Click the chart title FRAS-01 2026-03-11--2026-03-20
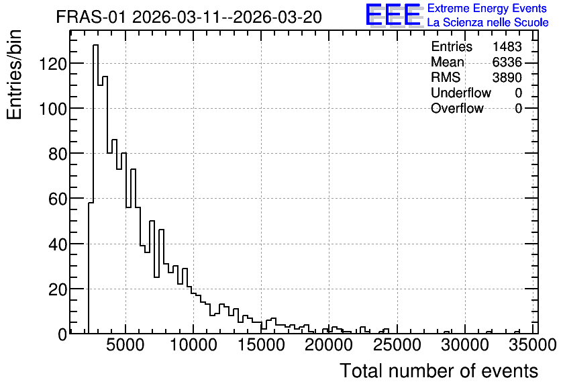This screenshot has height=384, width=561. [189, 17]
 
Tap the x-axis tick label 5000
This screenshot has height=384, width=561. [125, 345]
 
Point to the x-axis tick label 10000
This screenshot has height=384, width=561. [193, 345]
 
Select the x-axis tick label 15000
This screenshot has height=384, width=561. [261, 345]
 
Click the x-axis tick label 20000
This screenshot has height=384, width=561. [329, 345]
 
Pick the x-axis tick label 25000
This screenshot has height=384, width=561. [397, 345]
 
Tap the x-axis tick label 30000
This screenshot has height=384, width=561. [465, 345]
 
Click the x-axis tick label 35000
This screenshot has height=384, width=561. [533, 345]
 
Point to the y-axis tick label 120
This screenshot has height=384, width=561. [53, 63]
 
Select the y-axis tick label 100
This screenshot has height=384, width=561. [53, 109]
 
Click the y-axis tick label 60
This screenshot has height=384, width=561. [58, 199]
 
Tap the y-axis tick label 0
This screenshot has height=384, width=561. [62, 334]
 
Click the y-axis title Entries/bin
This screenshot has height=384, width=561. [14, 75]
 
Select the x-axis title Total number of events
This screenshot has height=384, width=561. [439, 371]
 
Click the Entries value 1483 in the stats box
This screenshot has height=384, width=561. [507, 46]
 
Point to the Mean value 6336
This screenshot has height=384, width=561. [507, 62]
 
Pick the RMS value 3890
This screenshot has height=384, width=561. [507, 77]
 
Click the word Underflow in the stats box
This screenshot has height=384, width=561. [461, 93]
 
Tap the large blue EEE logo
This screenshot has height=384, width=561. [393, 15]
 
